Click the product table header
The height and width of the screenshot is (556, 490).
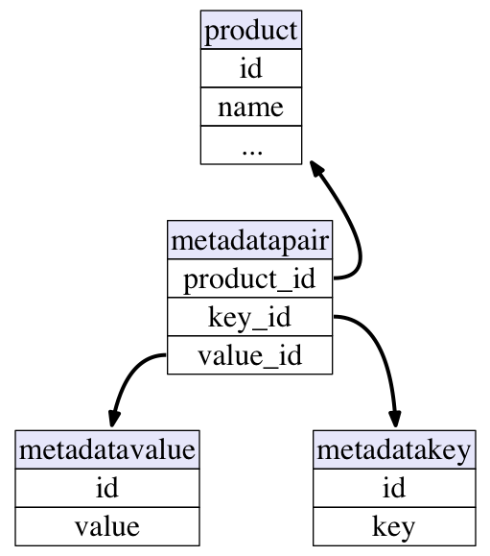(x=251, y=30)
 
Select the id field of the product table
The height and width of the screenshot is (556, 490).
(x=251, y=68)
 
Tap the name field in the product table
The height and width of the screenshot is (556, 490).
(x=251, y=107)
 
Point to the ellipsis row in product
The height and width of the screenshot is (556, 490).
(x=251, y=145)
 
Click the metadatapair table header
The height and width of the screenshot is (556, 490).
(x=249, y=240)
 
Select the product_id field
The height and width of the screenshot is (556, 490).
(x=249, y=278)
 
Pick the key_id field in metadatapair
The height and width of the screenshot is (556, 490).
(x=249, y=317)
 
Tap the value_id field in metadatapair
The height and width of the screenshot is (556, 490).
(x=249, y=355)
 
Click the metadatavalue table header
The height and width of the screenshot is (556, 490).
(x=107, y=450)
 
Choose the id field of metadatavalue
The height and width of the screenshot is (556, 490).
(x=107, y=488)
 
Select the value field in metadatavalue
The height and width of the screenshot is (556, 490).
(x=107, y=526)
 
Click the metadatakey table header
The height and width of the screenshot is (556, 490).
(x=394, y=450)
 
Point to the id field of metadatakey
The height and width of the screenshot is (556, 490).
(x=394, y=488)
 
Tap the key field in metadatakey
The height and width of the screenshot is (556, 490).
(x=394, y=526)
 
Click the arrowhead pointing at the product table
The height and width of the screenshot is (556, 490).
(x=316, y=168)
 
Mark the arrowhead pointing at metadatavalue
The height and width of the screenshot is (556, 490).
(x=114, y=419)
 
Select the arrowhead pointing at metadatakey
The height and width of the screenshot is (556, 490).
(x=395, y=419)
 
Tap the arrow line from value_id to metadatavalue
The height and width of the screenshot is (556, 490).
(x=130, y=375)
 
